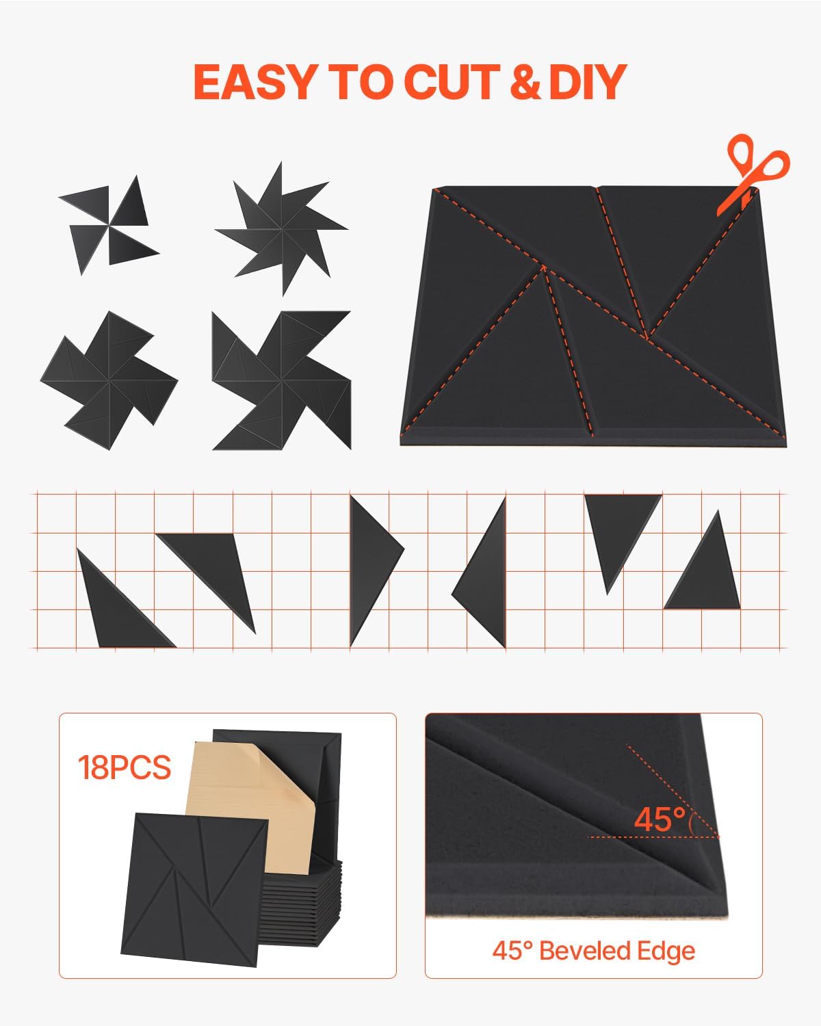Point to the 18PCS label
[124, 767]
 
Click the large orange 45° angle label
[660, 819]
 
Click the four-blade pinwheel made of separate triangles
[109, 226]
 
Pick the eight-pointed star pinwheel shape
[281, 229]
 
